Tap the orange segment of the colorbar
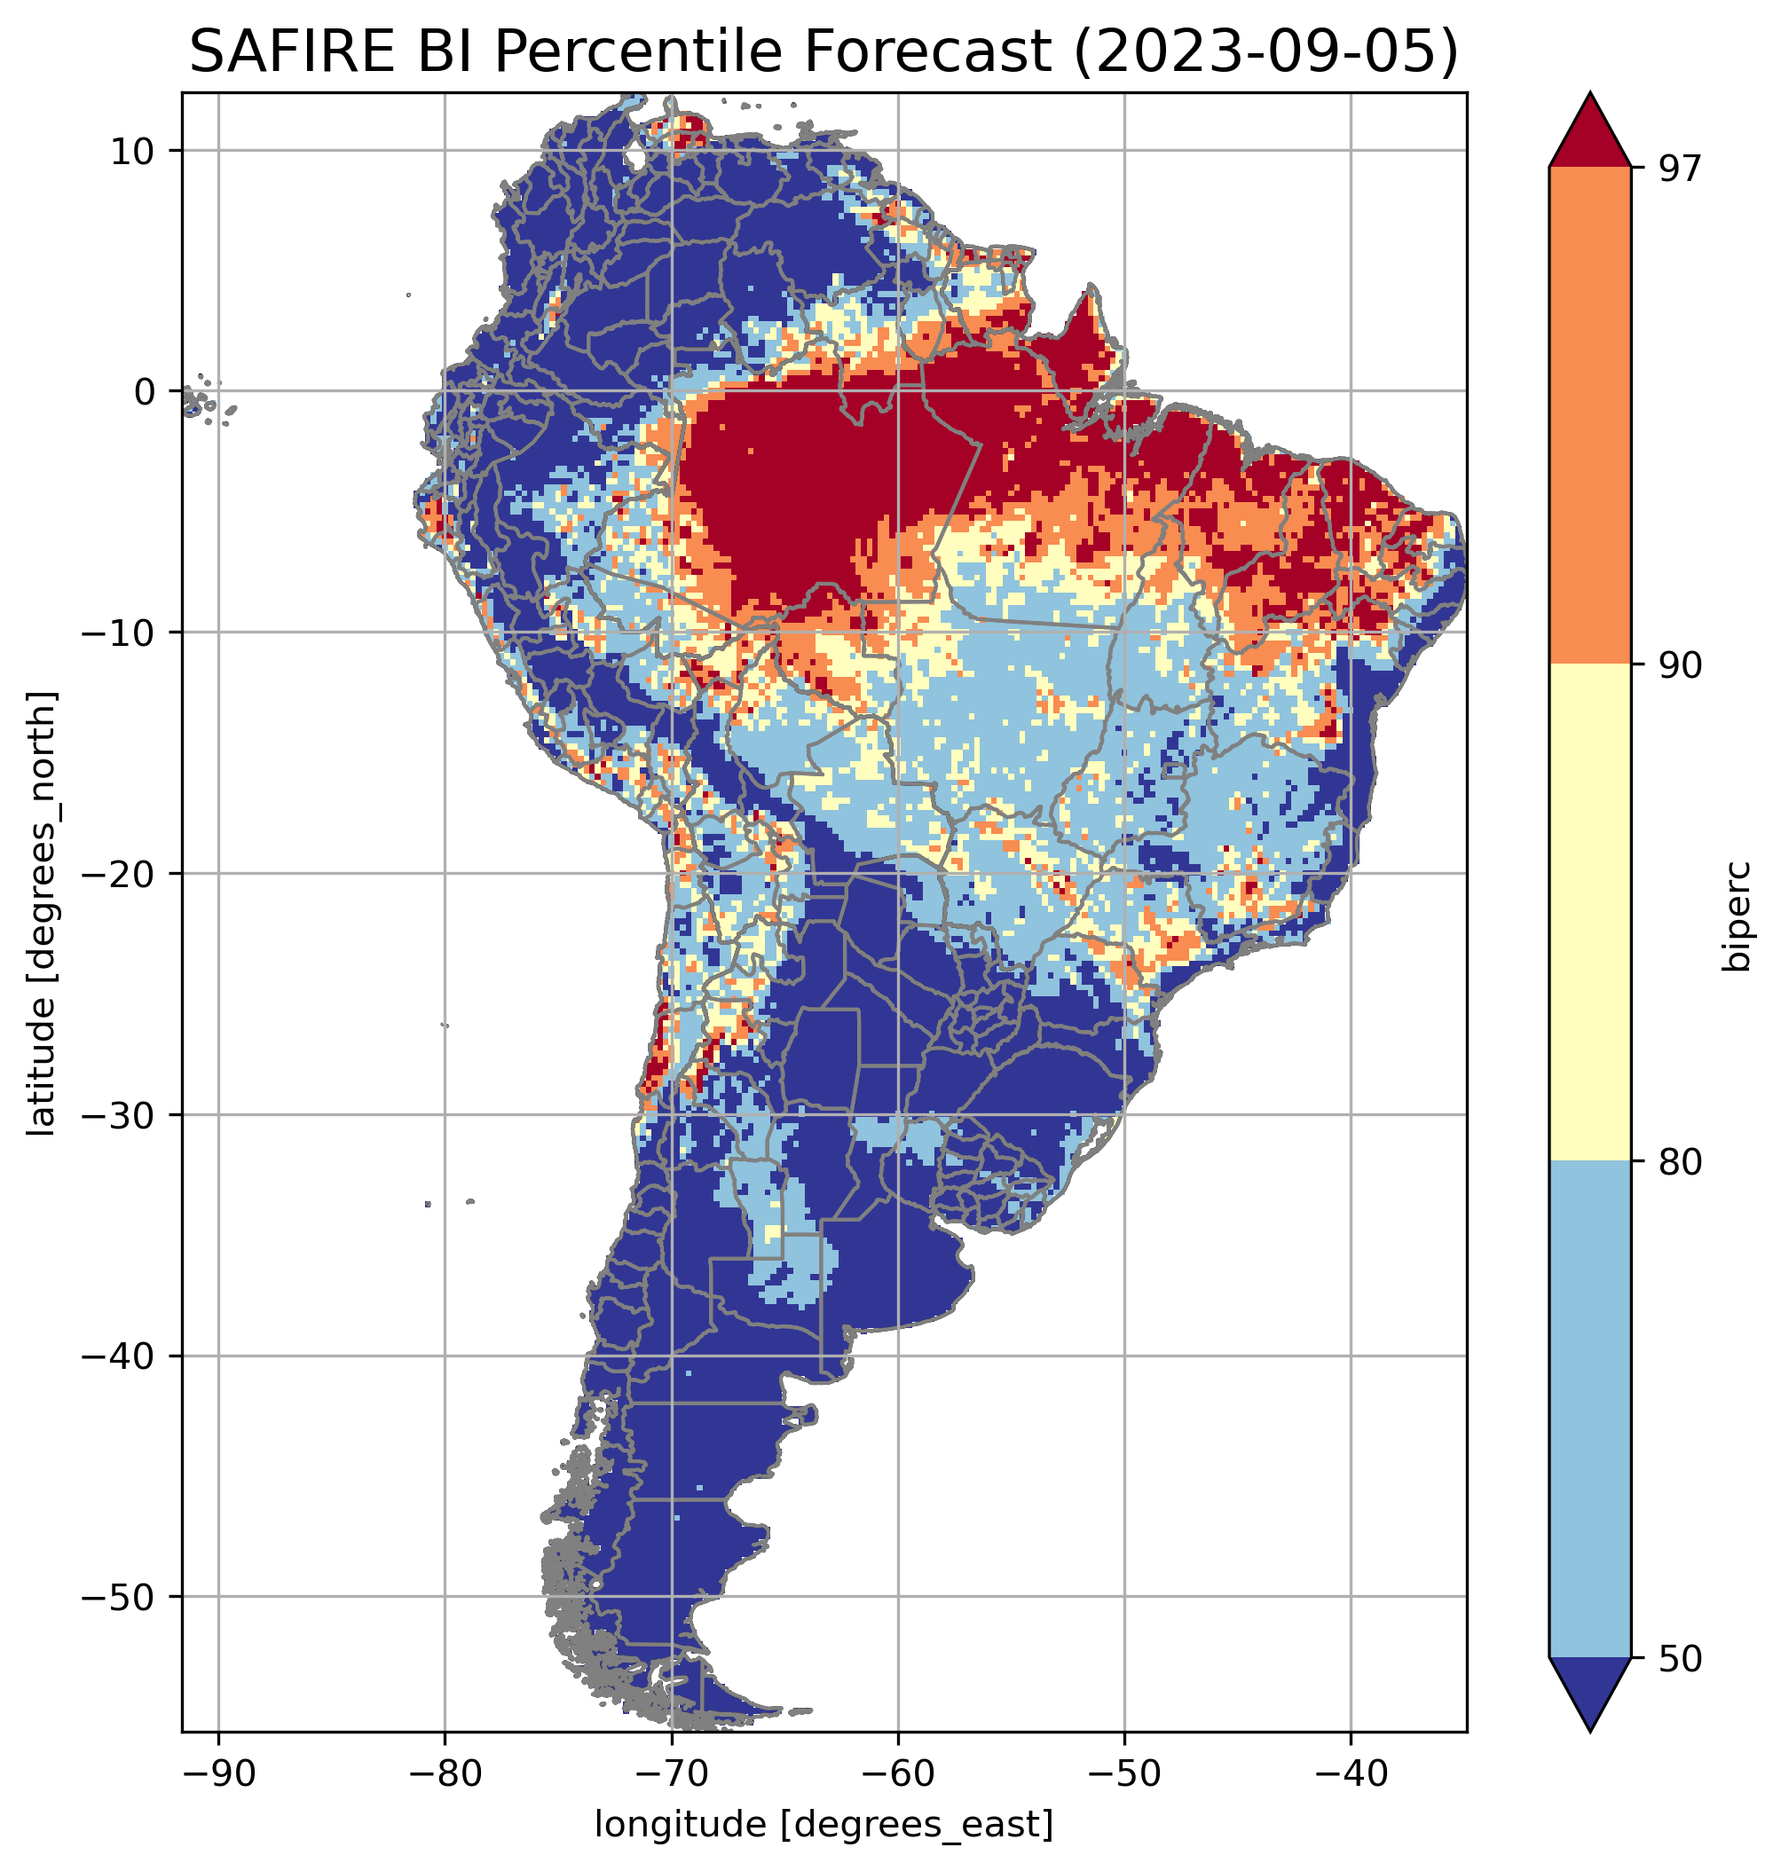[x=1589, y=416]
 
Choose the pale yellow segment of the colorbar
[x=1589, y=911]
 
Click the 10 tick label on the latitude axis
[x=134, y=151]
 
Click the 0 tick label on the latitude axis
[x=146, y=391]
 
